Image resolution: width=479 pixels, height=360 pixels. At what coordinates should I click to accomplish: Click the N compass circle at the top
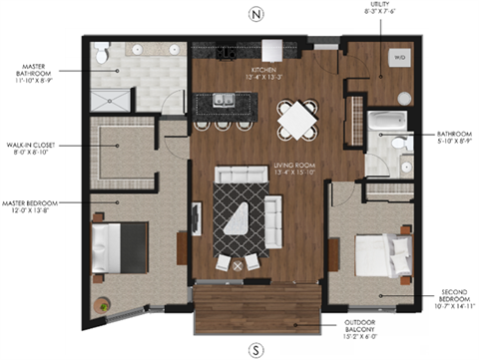pyautogui.click(x=256, y=15)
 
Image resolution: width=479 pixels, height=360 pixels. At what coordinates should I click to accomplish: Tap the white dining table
pyautogui.click(x=296, y=122)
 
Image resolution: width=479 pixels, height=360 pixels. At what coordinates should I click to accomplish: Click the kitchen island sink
pyautogui.click(x=222, y=100)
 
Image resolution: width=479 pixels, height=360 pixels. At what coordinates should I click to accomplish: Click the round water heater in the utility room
pyautogui.click(x=404, y=97)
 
